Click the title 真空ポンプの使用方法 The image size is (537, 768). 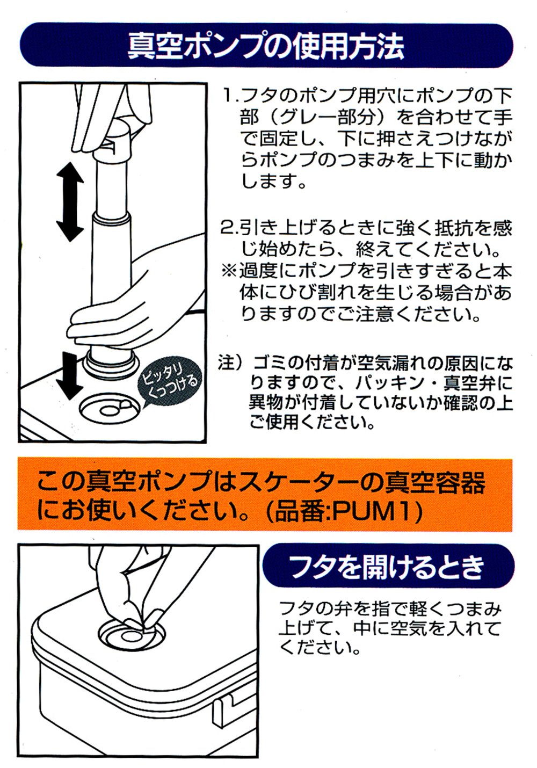[x=266, y=45]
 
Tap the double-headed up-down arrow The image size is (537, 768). [x=70, y=202]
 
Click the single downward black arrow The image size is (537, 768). [x=70, y=376]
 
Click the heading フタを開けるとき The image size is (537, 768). [x=387, y=567]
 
